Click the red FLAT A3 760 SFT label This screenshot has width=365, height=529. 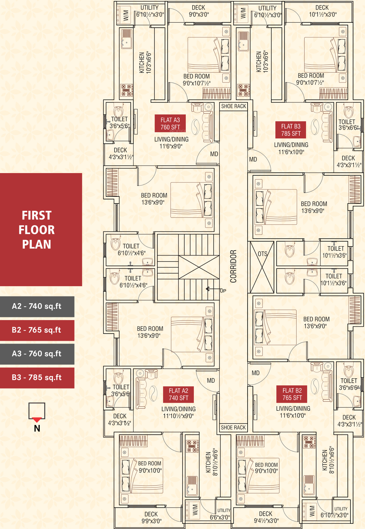[x=170, y=123]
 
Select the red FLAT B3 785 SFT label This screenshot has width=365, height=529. [x=291, y=130]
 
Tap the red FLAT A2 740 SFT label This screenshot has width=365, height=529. [x=178, y=394]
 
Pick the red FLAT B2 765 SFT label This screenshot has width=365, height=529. [x=292, y=394]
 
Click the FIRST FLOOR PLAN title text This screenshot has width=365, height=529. [x=37, y=230]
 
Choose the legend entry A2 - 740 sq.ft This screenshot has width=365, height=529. [x=37, y=306]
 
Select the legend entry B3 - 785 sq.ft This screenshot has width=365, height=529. [x=37, y=377]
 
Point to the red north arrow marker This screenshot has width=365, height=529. [x=37, y=420]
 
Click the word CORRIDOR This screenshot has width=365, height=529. [x=233, y=266]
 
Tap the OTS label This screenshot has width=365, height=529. [x=263, y=254]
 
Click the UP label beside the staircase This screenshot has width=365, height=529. [x=223, y=291]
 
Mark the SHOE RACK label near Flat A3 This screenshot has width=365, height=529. [x=234, y=106]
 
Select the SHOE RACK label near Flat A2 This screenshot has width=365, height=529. [x=233, y=428]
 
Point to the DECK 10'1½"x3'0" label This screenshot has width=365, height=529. [x=323, y=11]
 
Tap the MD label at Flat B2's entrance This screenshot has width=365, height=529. [x=255, y=373]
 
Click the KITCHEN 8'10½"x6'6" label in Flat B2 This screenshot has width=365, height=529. [x=328, y=460]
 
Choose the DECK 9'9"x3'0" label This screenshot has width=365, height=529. [x=151, y=517]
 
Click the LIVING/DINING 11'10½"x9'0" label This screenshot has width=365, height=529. [x=178, y=413]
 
